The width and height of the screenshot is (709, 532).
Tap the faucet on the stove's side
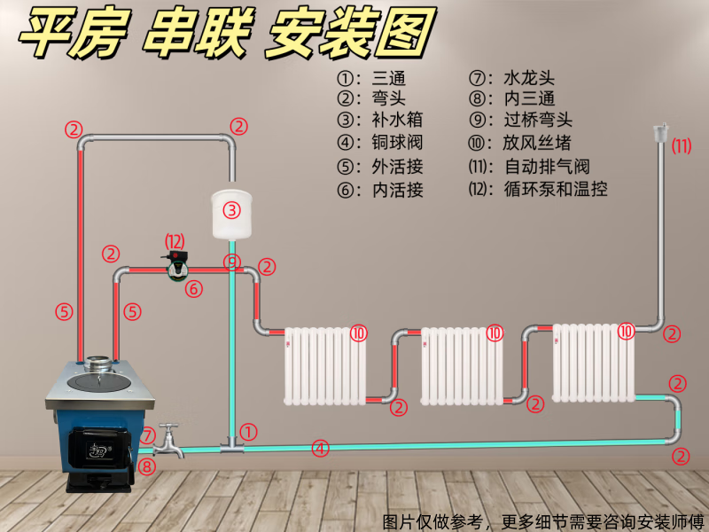coord(169,440)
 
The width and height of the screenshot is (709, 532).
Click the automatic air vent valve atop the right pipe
coord(658,132)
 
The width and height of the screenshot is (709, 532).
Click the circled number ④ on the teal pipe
coord(320,449)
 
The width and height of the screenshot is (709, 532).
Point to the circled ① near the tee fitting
coord(249,432)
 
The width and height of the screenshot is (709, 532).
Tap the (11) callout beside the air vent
coord(681,146)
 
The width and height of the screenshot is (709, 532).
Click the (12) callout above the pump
coord(175,240)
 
